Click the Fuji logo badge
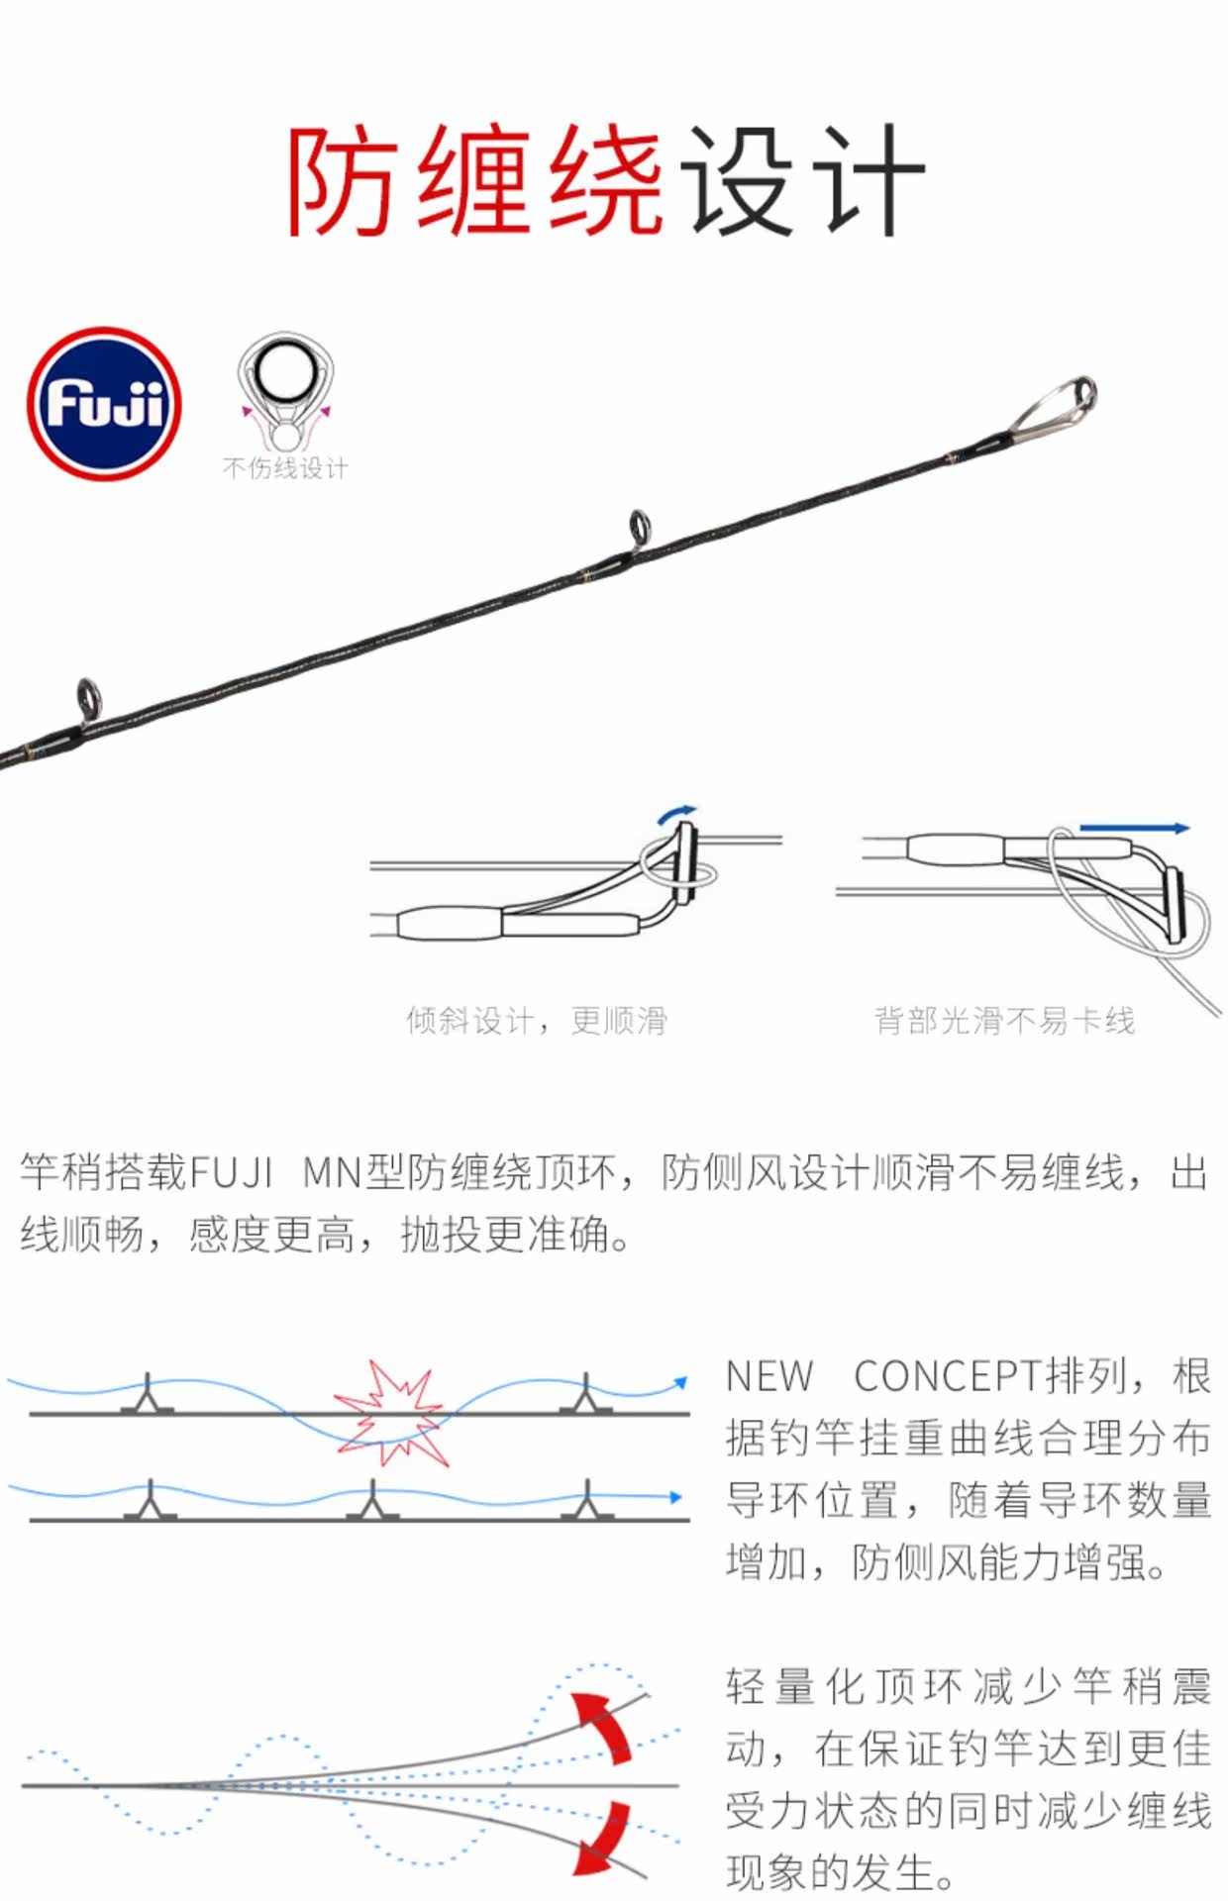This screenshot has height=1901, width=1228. (x=104, y=404)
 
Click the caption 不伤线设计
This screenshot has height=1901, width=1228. (x=285, y=468)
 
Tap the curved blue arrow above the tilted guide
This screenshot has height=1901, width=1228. (x=677, y=814)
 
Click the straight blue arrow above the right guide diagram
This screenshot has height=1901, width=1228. (x=1134, y=828)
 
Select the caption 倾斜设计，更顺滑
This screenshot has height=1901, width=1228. (x=537, y=1020)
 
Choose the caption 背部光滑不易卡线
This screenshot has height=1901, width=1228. (x=1004, y=1020)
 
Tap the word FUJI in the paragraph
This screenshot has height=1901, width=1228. (x=230, y=1172)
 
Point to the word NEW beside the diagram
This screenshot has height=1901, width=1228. (x=769, y=1376)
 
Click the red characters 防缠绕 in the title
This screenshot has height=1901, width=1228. (x=475, y=180)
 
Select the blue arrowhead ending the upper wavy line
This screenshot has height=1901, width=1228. (x=680, y=1381)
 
